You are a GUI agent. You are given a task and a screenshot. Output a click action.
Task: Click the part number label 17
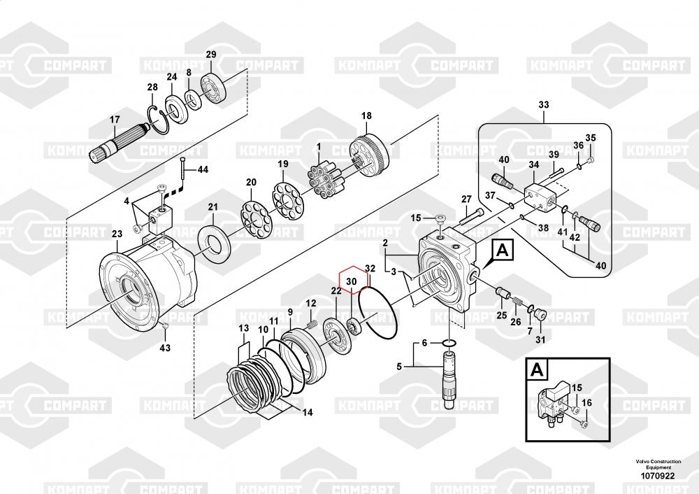click(x=115, y=119)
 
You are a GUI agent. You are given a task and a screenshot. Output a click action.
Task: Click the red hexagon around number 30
click(x=352, y=280)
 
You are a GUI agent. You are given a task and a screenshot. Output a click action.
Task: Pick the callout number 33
click(x=545, y=105)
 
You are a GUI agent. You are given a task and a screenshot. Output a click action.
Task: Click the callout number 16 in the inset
click(x=586, y=402)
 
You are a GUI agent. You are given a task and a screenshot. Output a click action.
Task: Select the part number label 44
click(x=203, y=170)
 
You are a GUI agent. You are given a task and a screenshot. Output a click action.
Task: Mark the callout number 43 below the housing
click(x=164, y=348)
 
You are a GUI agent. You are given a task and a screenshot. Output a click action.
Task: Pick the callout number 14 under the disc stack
click(x=306, y=412)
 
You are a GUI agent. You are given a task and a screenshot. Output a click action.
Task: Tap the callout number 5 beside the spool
click(x=400, y=366)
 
